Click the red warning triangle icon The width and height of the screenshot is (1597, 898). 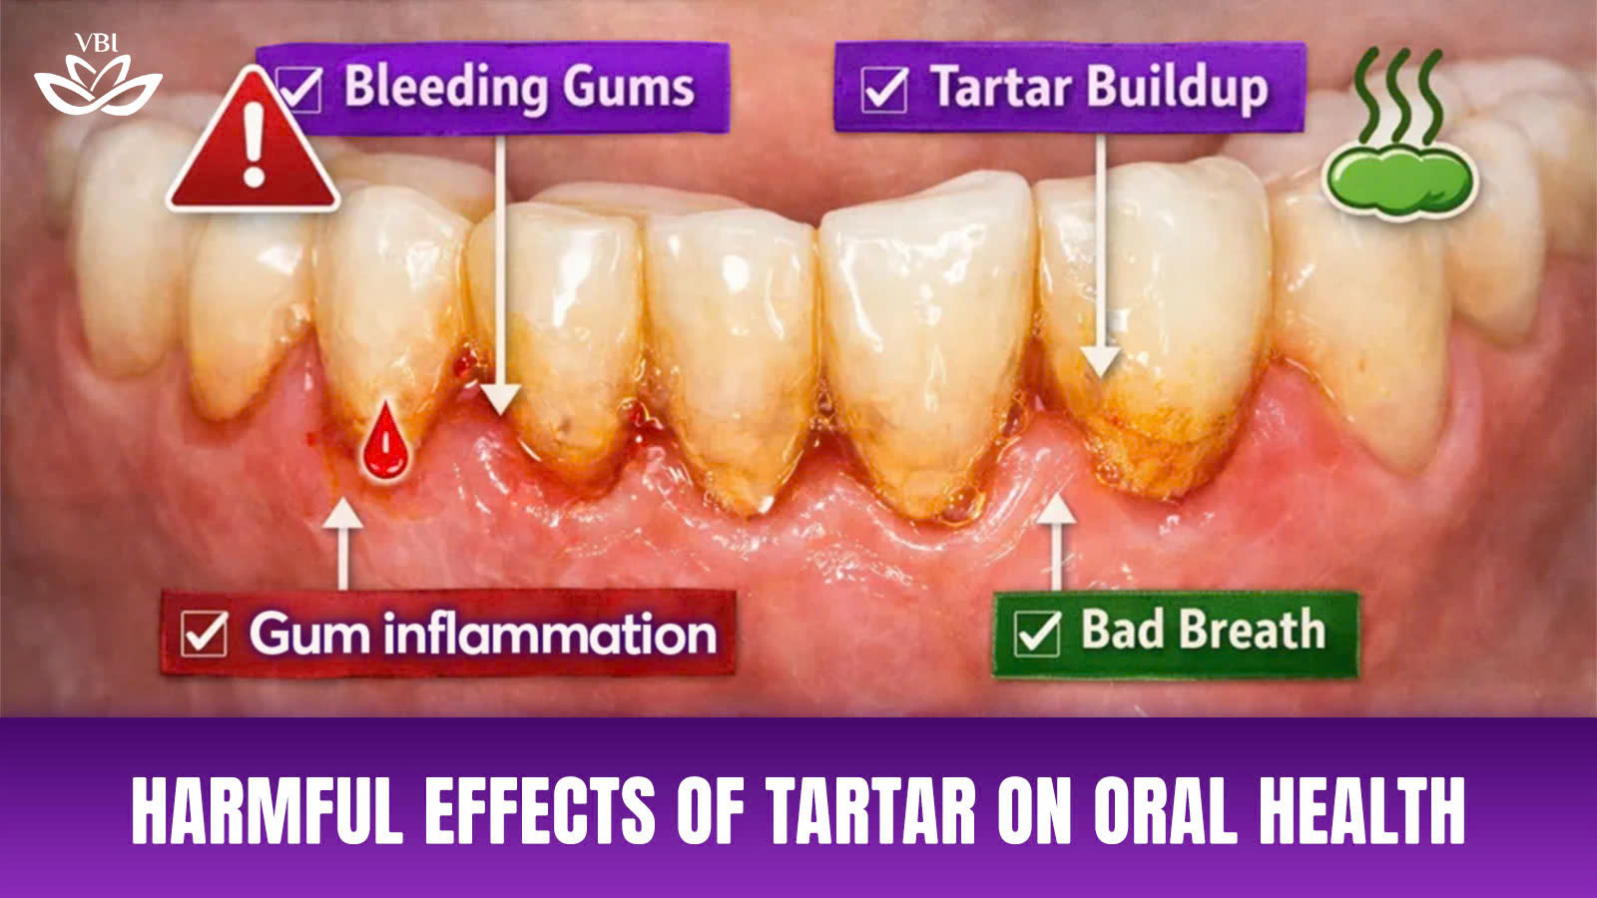pyautogui.click(x=254, y=143)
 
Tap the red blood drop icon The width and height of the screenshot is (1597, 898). pyautogui.click(x=385, y=443)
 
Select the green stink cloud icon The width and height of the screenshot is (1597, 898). pyautogui.click(x=1400, y=136)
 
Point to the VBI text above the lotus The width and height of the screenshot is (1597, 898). pyautogui.click(x=96, y=44)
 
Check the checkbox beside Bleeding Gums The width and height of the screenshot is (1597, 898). pyautogui.click(x=298, y=89)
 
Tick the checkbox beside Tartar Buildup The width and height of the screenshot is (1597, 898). pyautogui.click(x=884, y=89)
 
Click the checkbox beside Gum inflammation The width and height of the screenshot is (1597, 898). pyautogui.click(x=205, y=634)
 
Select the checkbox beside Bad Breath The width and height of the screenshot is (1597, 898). pyautogui.click(x=1037, y=634)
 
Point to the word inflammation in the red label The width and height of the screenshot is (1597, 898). pyautogui.click(x=550, y=633)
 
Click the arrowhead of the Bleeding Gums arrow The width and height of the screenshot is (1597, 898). pyautogui.click(x=500, y=400)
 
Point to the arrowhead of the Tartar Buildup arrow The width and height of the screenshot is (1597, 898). pyautogui.click(x=1100, y=362)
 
